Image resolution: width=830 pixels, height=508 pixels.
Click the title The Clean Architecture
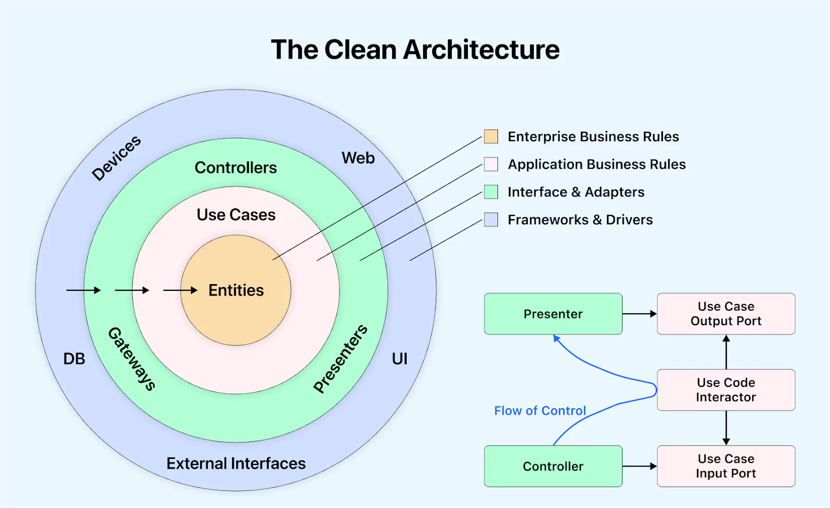pyautogui.click(x=415, y=50)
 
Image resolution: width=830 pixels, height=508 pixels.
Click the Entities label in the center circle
pyautogui.click(x=236, y=290)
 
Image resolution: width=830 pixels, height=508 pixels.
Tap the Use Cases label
pyautogui.click(x=236, y=215)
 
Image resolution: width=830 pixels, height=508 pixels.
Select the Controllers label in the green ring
pyautogui.click(x=236, y=168)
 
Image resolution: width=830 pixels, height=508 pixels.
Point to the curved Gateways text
pyautogui.click(x=131, y=359)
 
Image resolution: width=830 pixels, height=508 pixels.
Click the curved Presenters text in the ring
pyautogui.click(x=340, y=358)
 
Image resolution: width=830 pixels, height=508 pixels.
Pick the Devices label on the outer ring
pyautogui.click(x=116, y=158)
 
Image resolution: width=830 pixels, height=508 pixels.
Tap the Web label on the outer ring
pyautogui.click(x=358, y=158)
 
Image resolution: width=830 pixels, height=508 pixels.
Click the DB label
pyautogui.click(x=74, y=359)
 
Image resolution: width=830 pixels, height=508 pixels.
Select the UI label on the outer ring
pyautogui.click(x=399, y=359)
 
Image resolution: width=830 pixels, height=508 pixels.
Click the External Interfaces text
pyautogui.click(x=236, y=463)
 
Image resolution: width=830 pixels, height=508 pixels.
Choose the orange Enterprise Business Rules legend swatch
pyautogui.click(x=491, y=137)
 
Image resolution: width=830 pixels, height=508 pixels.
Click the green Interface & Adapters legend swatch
pyautogui.click(x=491, y=192)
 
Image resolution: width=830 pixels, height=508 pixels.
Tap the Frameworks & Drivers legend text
pyautogui.click(x=580, y=220)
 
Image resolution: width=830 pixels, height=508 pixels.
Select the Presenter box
pyautogui.click(x=553, y=314)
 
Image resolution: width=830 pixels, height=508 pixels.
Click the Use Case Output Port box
pyautogui.click(x=726, y=314)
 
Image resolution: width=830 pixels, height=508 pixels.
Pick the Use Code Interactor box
pyautogui.click(x=726, y=390)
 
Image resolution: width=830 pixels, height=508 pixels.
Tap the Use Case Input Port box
pyautogui.click(x=726, y=466)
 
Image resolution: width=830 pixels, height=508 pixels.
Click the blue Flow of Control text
pyautogui.click(x=539, y=411)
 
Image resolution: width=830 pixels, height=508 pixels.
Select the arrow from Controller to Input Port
pyautogui.click(x=639, y=466)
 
